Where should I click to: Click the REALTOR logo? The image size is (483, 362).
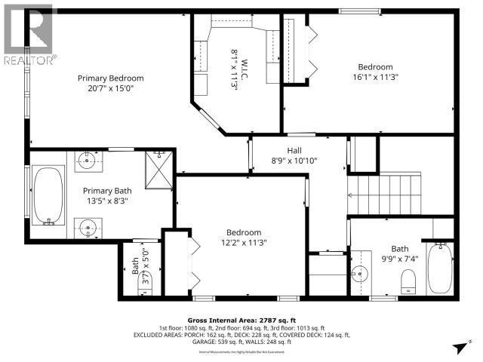(28, 33)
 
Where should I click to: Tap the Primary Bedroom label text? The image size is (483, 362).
(111, 78)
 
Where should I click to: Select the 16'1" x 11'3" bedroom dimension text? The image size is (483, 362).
(375, 77)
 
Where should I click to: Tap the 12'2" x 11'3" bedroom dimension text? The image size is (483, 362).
(244, 242)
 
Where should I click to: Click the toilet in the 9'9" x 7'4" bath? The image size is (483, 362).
(408, 281)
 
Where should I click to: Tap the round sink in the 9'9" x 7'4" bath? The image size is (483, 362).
(359, 275)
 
